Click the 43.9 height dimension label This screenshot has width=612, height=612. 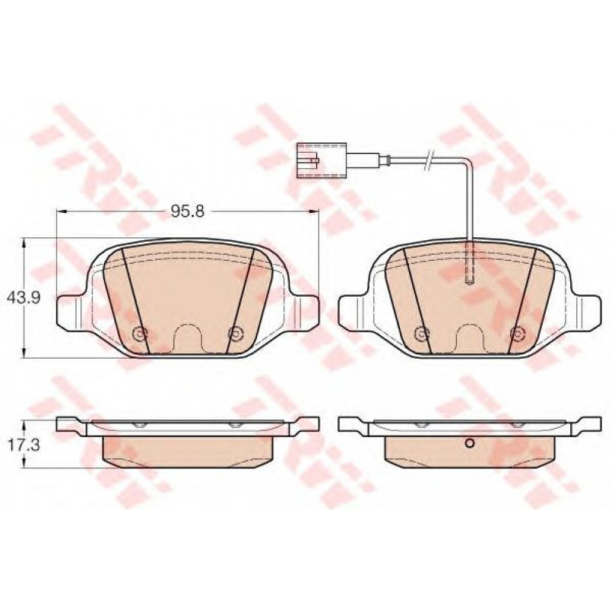tap(24, 298)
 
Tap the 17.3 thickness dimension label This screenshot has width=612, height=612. tap(24, 446)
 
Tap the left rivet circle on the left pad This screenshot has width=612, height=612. tap(139, 333)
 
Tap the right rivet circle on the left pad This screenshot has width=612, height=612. tap(235, 333)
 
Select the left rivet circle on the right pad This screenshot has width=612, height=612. tap(421, 333)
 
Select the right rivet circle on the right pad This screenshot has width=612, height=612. tap(518, 333)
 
